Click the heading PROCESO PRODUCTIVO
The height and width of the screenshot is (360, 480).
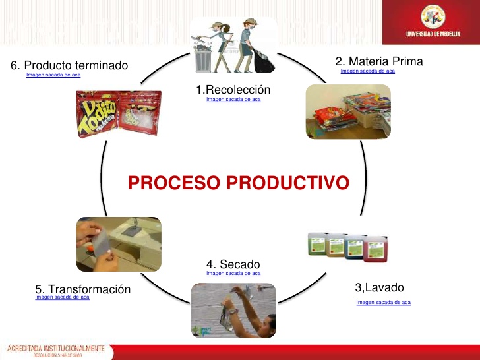pos(238,183)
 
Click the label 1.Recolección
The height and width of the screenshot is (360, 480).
pos(233,89)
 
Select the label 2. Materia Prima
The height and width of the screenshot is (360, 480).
pos(379,61)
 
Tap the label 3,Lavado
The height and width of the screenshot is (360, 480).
pos(379,287)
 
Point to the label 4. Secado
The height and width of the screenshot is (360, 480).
pos(233,264)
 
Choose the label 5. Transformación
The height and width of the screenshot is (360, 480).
pos(82,289)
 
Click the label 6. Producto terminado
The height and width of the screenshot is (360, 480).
pos(69,65)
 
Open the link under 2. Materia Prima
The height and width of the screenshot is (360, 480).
pos(367,71)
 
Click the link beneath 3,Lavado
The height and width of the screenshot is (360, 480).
pos(383,302)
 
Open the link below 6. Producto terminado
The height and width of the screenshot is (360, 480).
pos(53,75)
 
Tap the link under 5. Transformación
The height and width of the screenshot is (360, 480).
pos(62,297)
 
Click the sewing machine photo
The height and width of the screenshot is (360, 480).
pos(119,244)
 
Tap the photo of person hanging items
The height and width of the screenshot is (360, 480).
pos(233,310)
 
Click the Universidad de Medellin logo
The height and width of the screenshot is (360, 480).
pos(433,22)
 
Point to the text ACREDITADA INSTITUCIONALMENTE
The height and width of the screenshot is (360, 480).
pos(56,347)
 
